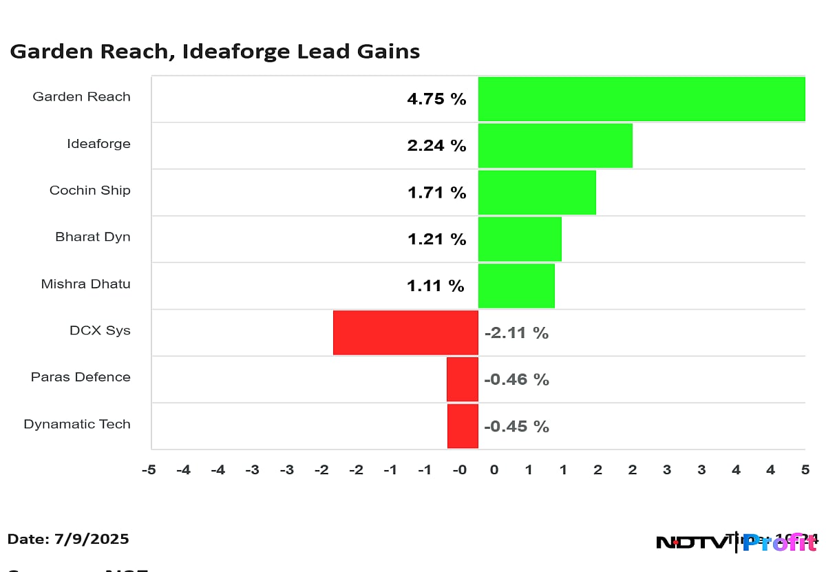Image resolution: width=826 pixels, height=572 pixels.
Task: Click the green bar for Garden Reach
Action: coord(642,99)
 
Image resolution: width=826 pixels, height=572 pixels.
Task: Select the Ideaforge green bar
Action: coord(555,146)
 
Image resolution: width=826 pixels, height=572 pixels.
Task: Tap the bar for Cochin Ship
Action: coord(537,193)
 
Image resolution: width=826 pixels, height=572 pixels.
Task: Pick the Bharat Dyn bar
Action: coord(520,239)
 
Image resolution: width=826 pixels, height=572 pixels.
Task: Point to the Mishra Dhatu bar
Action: coord(516,286)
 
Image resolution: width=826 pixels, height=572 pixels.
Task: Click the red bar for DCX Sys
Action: coord(405,332)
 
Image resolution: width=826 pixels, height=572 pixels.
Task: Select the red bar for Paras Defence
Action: coord(462,379)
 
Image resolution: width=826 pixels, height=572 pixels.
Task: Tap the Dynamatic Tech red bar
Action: coord(463,426)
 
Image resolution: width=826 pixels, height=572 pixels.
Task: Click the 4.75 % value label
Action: coord(436,99)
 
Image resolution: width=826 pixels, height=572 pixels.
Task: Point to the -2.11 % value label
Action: coord(516,333)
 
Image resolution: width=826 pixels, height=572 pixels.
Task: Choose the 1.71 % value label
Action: coord(436,193)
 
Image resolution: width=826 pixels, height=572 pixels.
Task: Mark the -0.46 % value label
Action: coord(516,380)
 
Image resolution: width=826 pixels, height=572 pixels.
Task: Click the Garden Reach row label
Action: coord(81,97)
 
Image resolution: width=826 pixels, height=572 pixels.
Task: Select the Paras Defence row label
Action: coord(81,377)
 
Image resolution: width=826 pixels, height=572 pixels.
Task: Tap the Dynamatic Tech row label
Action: coord(77,424)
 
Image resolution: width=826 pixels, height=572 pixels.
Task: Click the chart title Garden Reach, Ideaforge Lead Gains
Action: coord(215,52)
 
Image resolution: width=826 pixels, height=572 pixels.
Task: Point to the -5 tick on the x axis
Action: coord(148,470)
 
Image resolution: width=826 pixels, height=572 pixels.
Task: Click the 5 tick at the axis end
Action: coord(805,470)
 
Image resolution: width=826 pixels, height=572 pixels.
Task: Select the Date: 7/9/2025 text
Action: coord(68,539)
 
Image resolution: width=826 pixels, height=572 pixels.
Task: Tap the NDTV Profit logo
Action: coord(736,542)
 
